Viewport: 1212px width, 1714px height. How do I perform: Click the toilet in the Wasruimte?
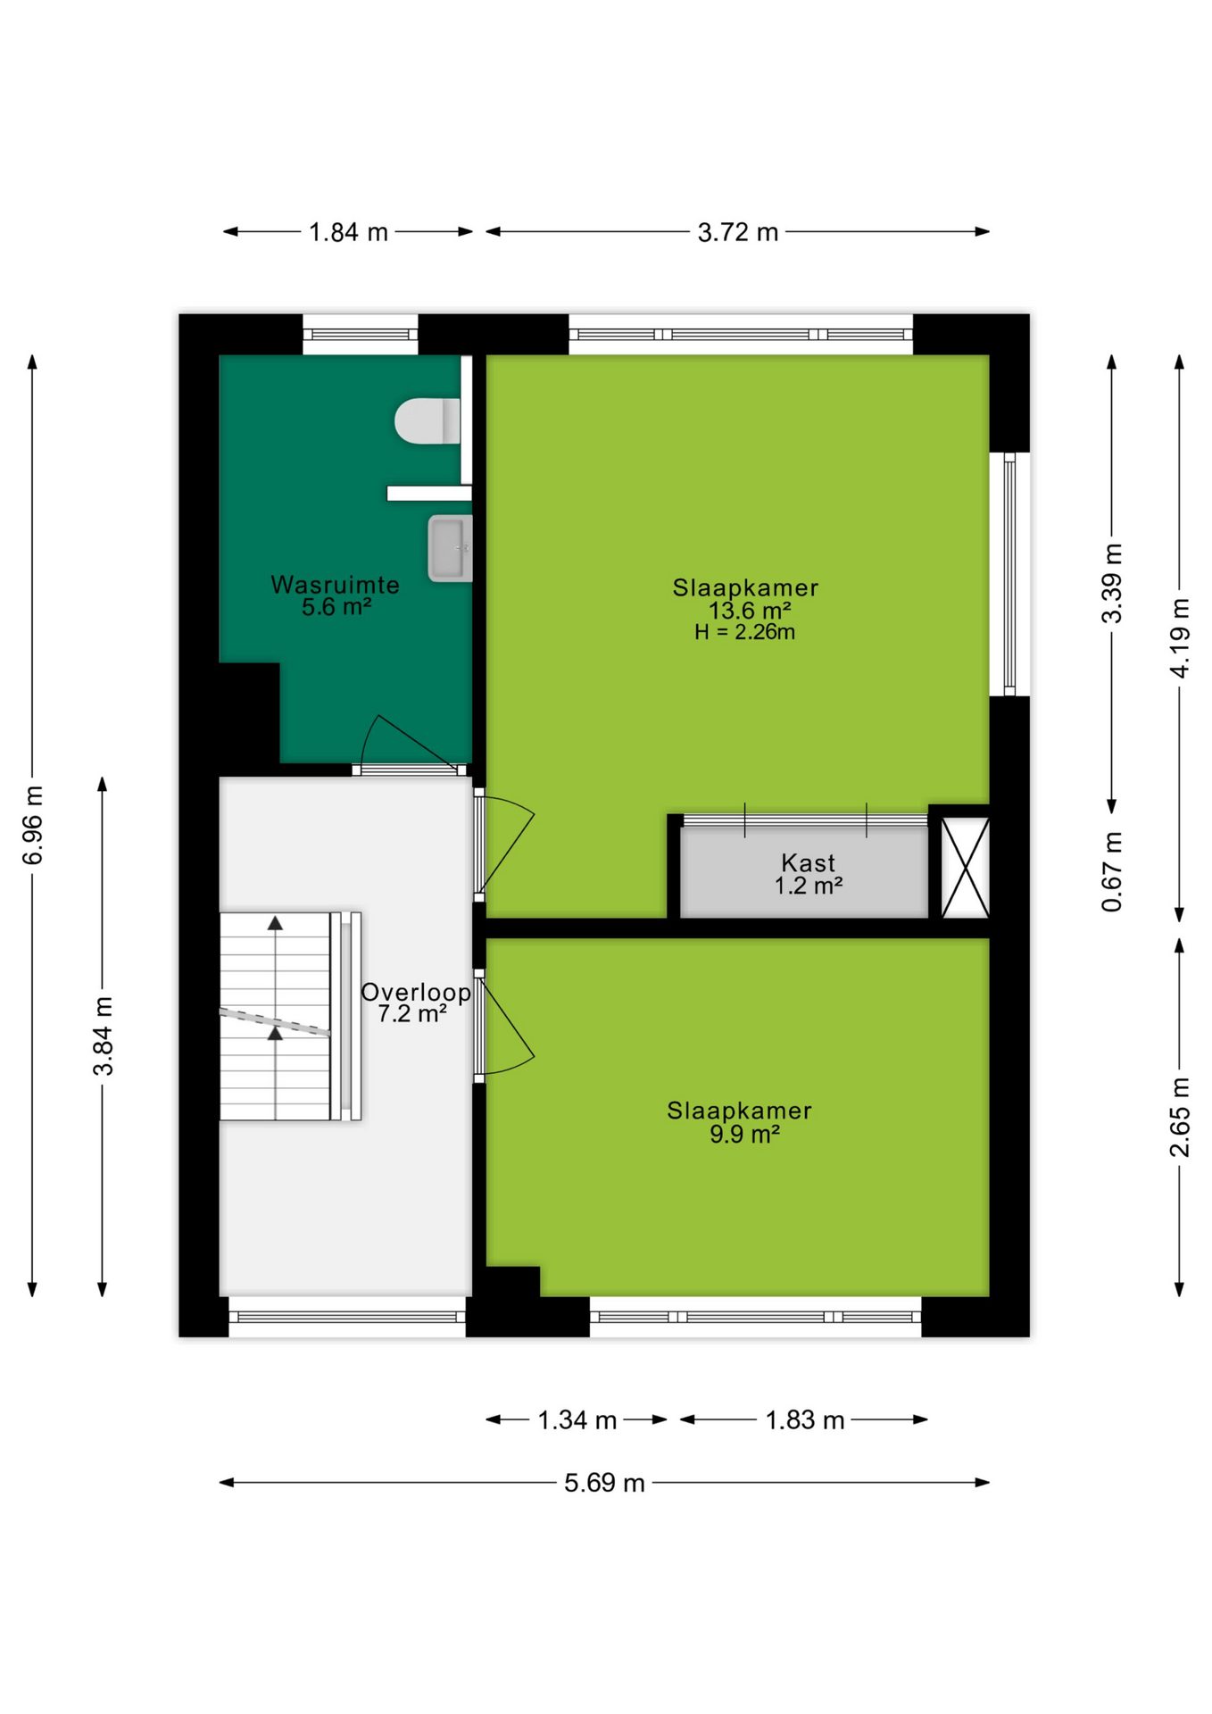(x=428, y=420)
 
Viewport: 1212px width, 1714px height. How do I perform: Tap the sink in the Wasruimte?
(x=450, y=547)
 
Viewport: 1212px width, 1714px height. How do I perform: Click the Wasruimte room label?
(x=335, y=585)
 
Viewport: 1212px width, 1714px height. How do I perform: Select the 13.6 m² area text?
(x=750, y=611)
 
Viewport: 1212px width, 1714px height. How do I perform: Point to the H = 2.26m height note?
(x=744, y=632)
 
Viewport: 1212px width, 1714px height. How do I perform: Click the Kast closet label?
(x=808, y=863)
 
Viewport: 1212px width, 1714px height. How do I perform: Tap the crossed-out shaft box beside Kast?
(x=966, y=868)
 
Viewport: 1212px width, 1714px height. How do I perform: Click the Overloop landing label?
(x=416, y=992)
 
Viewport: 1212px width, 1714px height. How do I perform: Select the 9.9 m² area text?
(x=744, y=1134)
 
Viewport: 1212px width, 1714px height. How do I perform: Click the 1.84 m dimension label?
(x=348, y=232)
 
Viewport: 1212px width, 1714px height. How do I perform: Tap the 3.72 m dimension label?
(x=737, y=232)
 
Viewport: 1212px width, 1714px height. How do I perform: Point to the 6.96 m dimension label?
(x=33, y=826)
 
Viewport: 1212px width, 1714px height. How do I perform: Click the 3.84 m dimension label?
(x=104, y=1036)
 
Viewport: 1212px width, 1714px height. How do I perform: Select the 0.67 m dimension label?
(x=1112, y=872)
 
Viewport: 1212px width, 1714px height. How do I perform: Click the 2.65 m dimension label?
(x=1180, y=1117)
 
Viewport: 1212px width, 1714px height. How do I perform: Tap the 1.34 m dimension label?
(x=577, y=1419)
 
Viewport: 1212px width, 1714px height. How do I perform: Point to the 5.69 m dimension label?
(x=604, y=1483)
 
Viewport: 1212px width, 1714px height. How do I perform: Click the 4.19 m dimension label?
(x=1180, y=638)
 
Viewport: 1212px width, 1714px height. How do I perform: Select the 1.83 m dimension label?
(x=804, y=1419)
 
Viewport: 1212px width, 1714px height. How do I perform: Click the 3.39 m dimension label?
(x=1112, y=583)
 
